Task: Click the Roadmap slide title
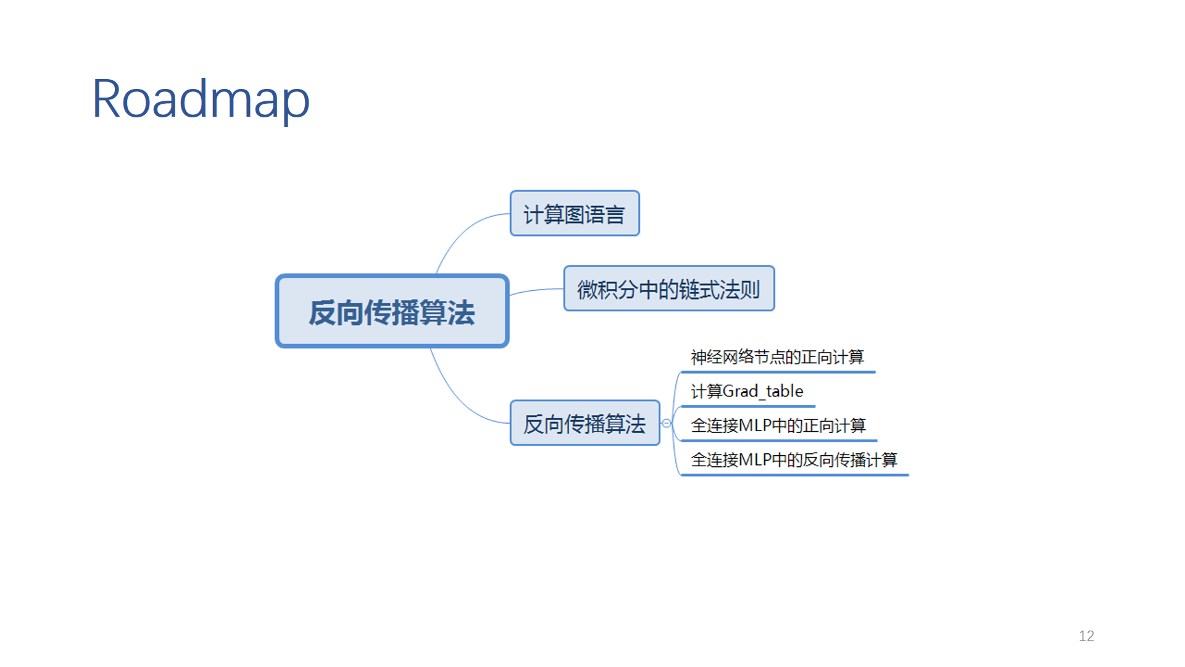click(201, 100)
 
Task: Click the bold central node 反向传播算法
click(392, 311)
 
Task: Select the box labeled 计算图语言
click(575, 213)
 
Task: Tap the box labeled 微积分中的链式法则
click(669, 288)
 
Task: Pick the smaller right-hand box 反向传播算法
click(585, 423)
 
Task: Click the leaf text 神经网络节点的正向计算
click(777, 357)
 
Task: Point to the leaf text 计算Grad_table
click(747, 391)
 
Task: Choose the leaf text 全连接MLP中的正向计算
click(778, 426)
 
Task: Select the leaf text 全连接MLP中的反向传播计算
click(794, 459)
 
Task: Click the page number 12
click(1086, 636)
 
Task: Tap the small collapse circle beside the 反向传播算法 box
click(667, 423)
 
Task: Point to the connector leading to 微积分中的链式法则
click(536, 290)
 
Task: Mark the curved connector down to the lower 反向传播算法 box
click(460, 398)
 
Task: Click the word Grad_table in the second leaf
click(763, 392)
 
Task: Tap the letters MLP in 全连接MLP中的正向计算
click(755, 426)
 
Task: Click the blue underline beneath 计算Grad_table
click(747, 406)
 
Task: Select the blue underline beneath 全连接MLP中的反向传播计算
click(794, 475)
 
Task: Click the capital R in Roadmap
click(106, 99)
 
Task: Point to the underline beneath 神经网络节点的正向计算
click(778, 372)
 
